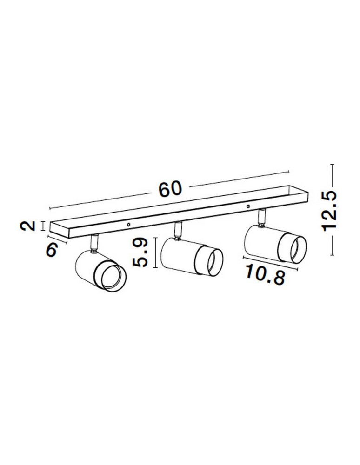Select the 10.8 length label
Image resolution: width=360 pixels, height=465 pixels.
[x=265, y=275]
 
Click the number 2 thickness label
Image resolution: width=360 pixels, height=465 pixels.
[x=27, y=226]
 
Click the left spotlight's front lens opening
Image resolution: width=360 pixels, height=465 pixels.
[x=113, y=277]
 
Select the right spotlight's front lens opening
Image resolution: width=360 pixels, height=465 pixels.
[x=298, y=249]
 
